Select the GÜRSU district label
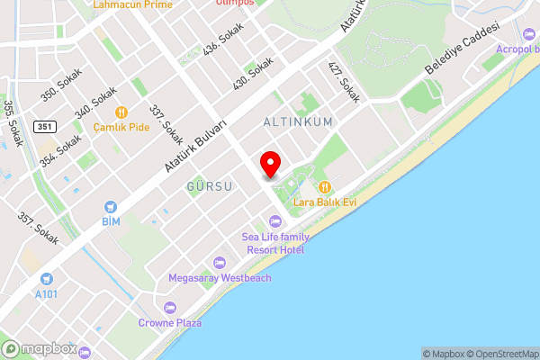click(x=209, y=186)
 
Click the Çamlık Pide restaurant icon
click(x=121, y=112)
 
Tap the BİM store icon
click(x=111, y=207)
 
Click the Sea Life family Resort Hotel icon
click(x=274, y=221)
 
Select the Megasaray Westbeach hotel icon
click(x=220, y=263)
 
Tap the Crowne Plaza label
click(x=170, y=322)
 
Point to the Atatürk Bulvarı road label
click(x=196, y=143)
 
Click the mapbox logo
click(x=38, y=349)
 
